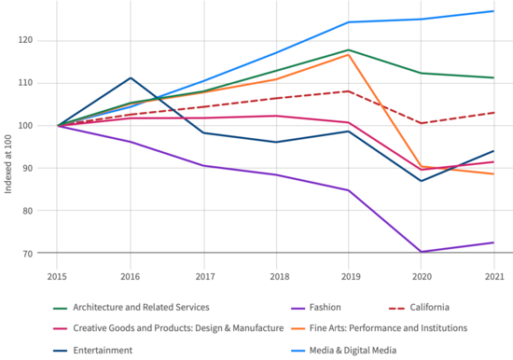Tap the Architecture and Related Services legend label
click(x=140, y=307)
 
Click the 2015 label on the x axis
click(x=58, y=277)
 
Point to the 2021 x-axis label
click(x=494, y=277)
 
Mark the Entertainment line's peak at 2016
click(x=131, y=78)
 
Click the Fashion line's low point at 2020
click(x=422, y=252)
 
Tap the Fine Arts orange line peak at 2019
click(x=349, y=55)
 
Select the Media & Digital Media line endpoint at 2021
click(x=494, y=11)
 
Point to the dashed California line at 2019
click(x=349, y=91)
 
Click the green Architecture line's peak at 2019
click(x=349, y=49)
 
